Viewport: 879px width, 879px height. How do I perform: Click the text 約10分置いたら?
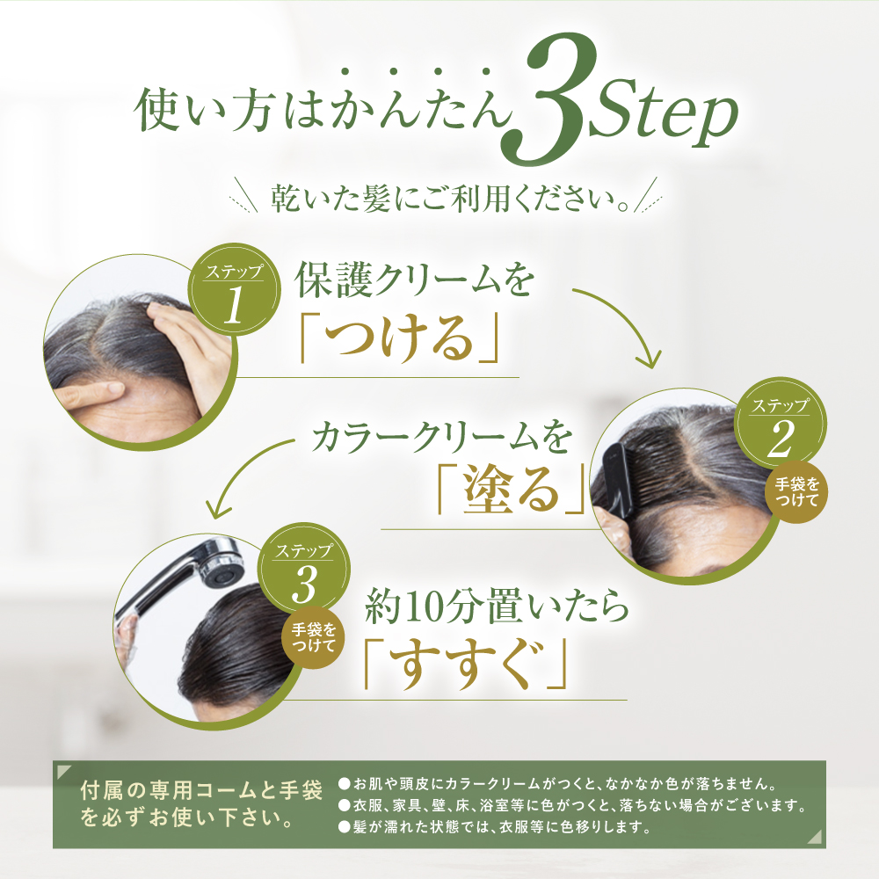497,611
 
